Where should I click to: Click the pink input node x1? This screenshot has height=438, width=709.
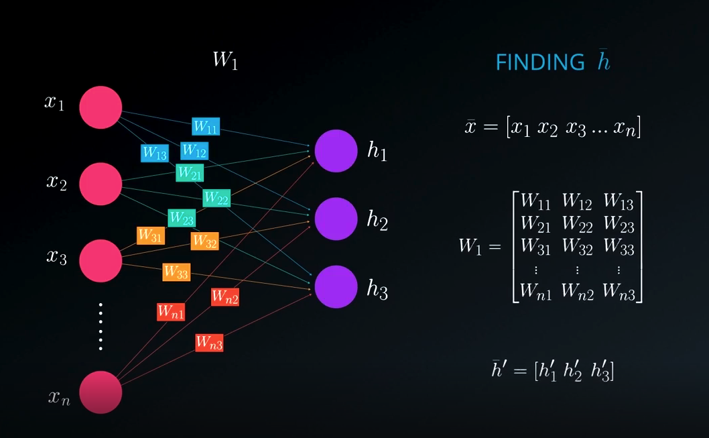[101, 107]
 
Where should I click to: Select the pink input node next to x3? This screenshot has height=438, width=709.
[101, 260]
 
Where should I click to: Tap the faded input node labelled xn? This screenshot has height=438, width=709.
[101, 392]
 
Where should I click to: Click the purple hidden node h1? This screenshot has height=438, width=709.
[336, 151]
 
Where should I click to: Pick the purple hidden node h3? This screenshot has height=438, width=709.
[336, 287]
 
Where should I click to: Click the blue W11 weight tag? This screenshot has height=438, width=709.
[205, 126]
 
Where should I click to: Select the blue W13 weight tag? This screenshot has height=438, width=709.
[155, 153]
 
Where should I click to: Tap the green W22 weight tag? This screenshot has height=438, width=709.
[216, 198]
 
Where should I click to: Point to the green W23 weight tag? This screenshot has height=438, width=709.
[182, 218]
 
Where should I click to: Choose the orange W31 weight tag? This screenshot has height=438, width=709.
[151, 235]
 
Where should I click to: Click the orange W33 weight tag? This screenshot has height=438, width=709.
[176, 272]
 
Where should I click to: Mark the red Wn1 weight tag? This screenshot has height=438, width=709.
[171, 312]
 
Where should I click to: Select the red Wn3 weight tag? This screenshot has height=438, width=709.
[209, 342]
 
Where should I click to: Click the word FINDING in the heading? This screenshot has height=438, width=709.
[539, 63]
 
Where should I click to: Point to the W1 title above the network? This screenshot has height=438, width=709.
[225, 60]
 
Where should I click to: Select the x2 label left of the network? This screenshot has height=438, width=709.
[56, 182]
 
